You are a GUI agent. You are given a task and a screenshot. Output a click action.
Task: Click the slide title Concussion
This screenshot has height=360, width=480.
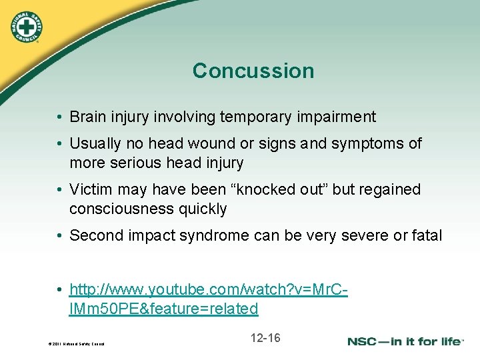pos(253,71)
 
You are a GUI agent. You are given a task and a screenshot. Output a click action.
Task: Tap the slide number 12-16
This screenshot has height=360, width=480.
pos(265,338)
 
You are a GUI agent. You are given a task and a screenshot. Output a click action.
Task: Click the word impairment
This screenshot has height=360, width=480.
pos(343,117)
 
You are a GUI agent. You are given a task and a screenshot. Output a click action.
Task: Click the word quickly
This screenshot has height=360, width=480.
pos(202,209)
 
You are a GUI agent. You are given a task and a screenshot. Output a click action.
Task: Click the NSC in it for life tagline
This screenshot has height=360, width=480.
pos(405,341)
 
